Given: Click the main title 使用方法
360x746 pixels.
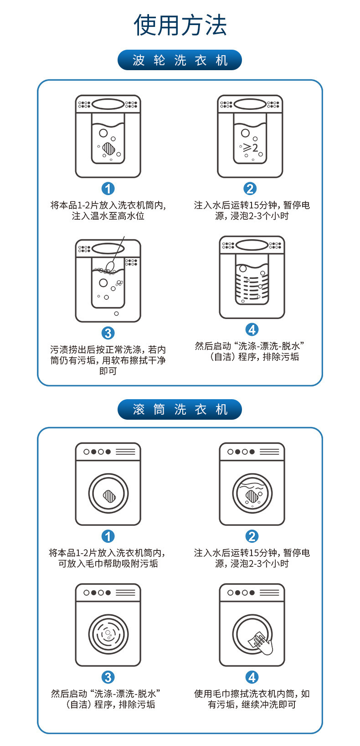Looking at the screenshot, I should click(180, 25).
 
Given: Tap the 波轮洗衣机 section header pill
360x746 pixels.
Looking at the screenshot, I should click(180, 60).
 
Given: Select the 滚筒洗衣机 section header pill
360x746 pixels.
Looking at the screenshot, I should click(180, 409).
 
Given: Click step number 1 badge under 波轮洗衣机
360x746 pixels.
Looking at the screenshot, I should click(108, 188).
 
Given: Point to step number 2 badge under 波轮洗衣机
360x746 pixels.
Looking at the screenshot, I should click(250, 188).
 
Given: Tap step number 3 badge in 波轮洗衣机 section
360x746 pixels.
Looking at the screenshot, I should click(108, 333).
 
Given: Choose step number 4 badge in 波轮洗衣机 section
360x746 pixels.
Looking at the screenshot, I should click(252, 329).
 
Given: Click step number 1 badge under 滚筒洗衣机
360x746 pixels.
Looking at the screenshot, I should click(108, 536).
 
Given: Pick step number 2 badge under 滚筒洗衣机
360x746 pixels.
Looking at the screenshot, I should click(252, 536).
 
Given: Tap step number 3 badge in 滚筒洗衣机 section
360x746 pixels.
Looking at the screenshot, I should click(108, 677).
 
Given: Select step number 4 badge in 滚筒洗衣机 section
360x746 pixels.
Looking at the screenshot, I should click(252, 677).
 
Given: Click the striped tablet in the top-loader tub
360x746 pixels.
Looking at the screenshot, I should click(108, 148).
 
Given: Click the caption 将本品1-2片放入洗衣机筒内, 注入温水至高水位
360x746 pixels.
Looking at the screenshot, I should click(108, 211).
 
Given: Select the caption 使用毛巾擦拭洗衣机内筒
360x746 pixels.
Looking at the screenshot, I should click(252, 699).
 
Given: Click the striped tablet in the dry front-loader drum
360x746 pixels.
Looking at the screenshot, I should click(108, 495).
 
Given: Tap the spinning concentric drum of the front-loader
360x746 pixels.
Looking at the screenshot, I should click(108, 633).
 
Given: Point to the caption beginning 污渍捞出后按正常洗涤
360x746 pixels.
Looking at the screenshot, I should click(108, 360).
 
